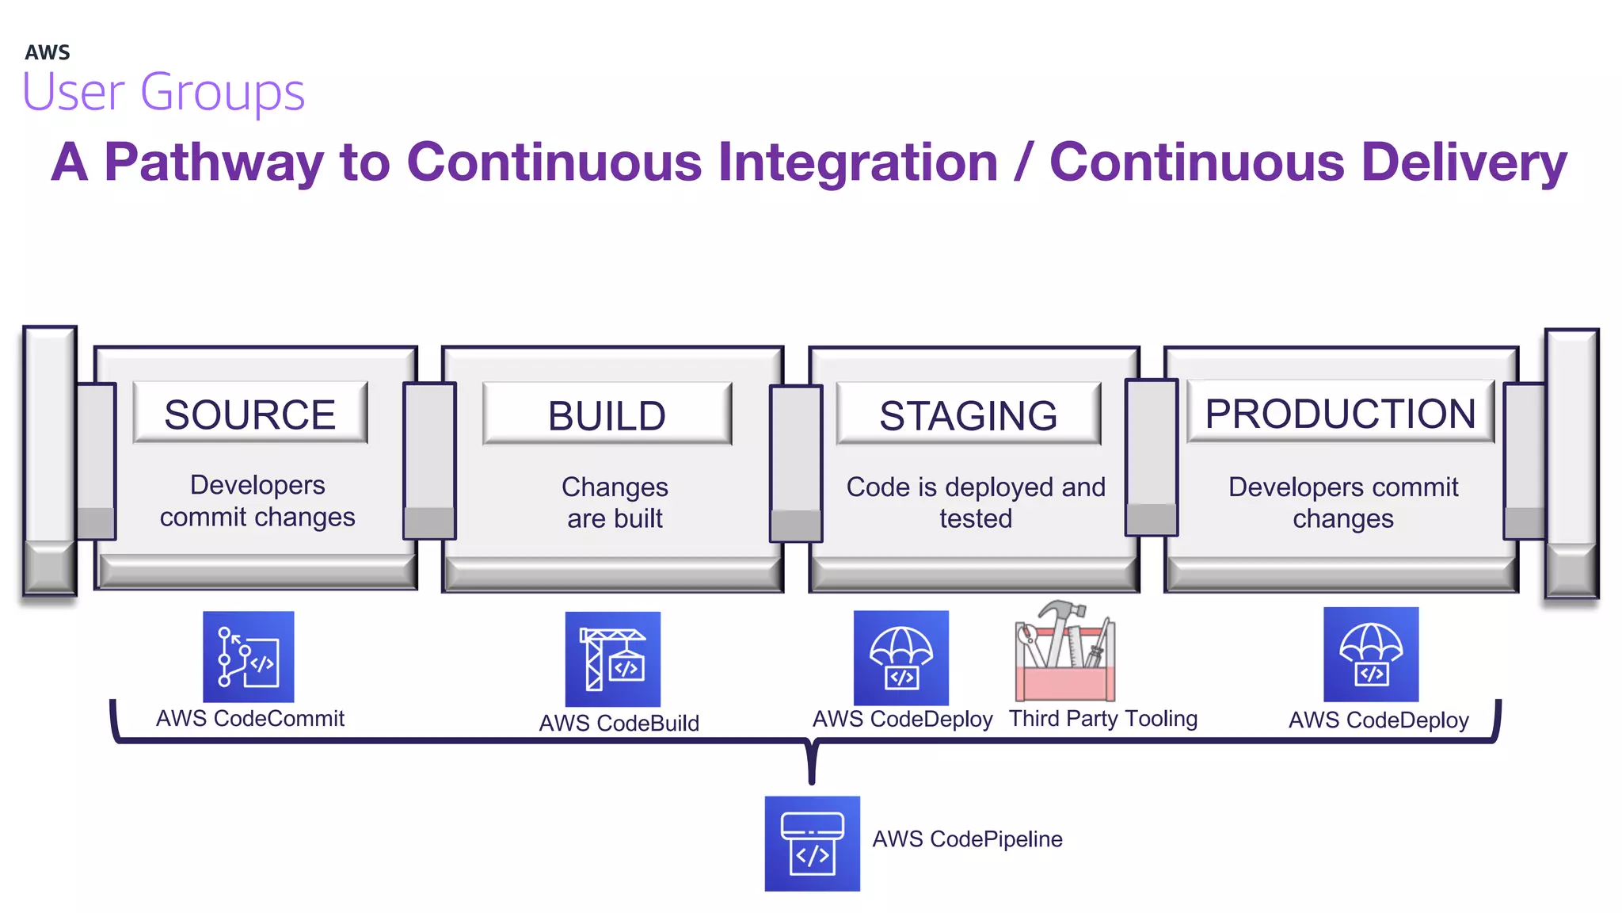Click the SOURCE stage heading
point(249,414)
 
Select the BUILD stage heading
point(607,415)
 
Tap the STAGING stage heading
point(968,415)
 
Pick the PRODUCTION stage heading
point(1340,413)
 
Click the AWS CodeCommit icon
point(248,656)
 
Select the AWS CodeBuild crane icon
point(612,659)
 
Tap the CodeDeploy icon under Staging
point(900,657)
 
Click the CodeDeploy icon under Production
point(1370,654)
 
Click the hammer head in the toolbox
point(1061,611)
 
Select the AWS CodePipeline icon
point(812,843)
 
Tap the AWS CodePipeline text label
point(967,839)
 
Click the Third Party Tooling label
point(1102,718)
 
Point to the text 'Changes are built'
point(615,502)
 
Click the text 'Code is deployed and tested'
point(976,502)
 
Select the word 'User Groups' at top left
point(163,92)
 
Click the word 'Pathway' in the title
point(214,162)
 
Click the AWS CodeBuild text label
point(619,723)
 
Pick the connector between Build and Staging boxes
point(796,464)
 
